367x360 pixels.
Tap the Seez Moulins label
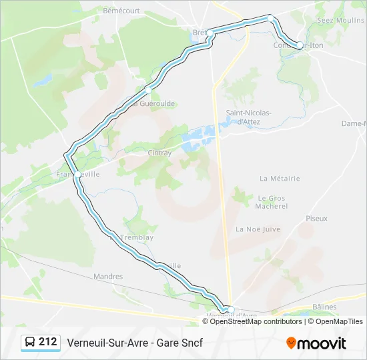coord(340,21)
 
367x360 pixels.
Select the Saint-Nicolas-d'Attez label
coord(248,117)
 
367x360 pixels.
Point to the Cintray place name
coord(159,153)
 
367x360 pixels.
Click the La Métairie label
coord(280,179)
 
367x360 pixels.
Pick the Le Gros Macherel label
coord(272,202)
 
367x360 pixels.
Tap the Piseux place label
coord(316,219)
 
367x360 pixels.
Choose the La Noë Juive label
coord(258,229)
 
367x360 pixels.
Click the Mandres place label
coord(108,276)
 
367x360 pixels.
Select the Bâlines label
coord(324,307)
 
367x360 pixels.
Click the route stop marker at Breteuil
coord(210,32)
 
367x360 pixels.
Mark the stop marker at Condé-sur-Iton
coord(300,45)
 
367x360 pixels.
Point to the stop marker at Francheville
coord(77,175)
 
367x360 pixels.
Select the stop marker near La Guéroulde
coord(147,89)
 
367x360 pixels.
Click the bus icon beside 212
coord(31,343)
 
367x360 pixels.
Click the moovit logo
coord(316,343)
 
